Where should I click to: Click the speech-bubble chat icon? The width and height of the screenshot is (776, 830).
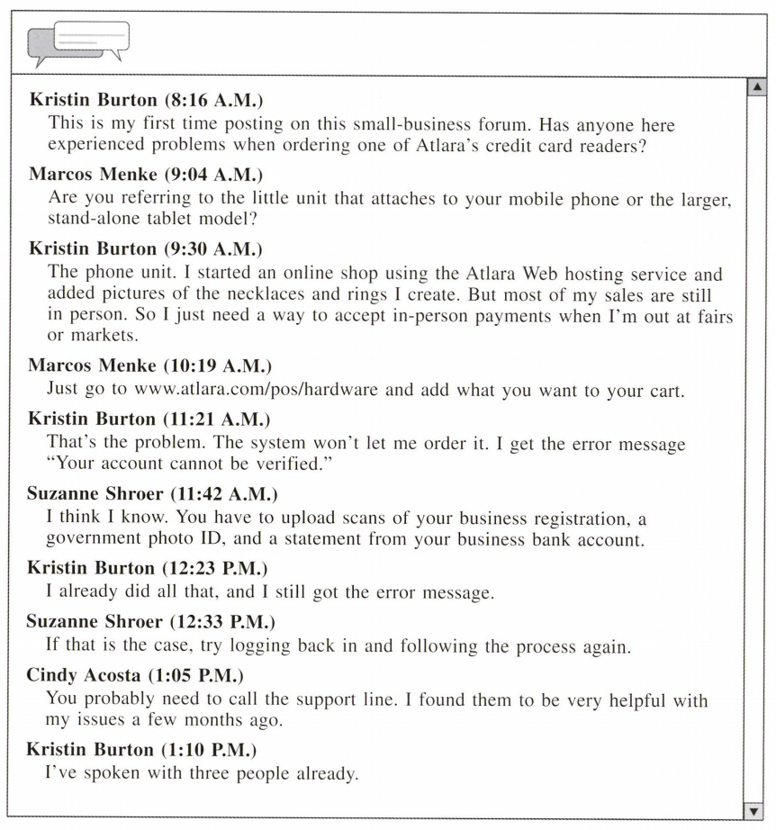80,43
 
